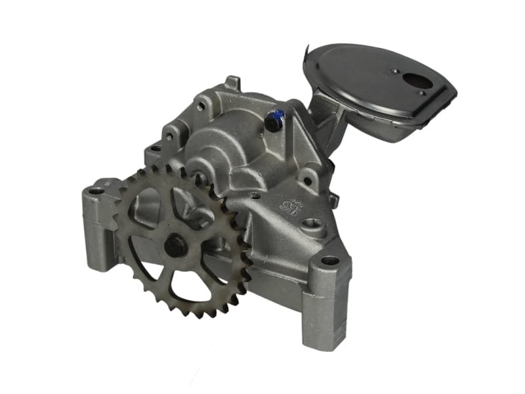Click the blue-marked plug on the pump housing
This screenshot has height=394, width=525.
pyautogui.click(x=275, y=121)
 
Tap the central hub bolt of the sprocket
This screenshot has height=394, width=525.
pyautogui.click(x=176, y=246)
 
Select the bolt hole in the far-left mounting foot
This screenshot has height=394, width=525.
pyautogui.click(x=96, y=191)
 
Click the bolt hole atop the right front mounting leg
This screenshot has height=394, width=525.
pyautogui.click(x=329, y=261)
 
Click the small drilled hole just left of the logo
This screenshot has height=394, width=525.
pyautogui.click(x=255, y=195)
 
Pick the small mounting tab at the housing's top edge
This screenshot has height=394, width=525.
pyautogui.click(x=232, y=83)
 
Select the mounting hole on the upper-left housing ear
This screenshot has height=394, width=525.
pyautogui.click(x=169, y=136)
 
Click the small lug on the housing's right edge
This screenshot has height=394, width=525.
pyautogui.click(x=334, y=199)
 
